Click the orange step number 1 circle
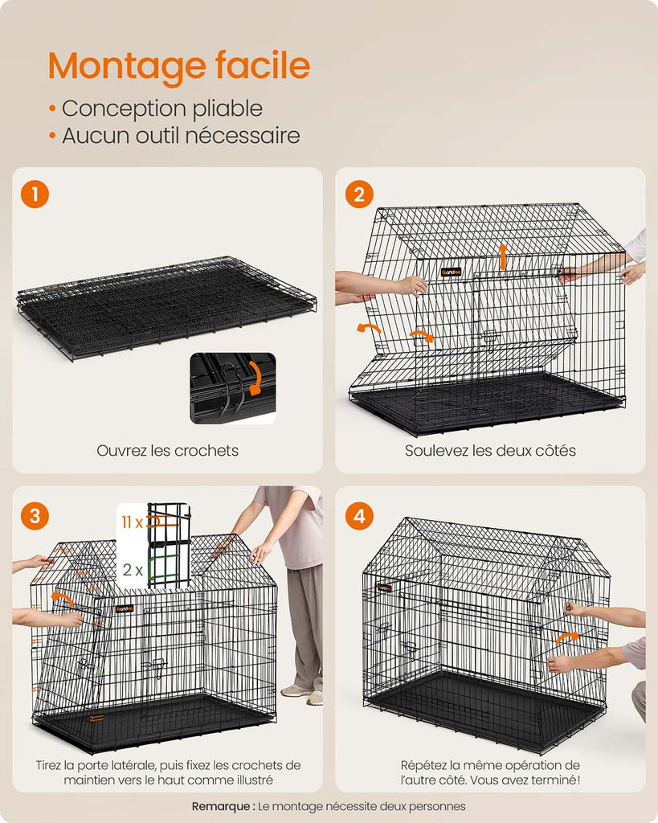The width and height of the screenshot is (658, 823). pos(35,194)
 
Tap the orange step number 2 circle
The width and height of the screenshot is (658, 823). pos(359,194)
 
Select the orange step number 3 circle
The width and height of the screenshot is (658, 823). pos(35,515)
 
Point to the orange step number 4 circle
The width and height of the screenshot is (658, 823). pos(359,515)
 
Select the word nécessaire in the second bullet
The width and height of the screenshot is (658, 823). pos(243,135)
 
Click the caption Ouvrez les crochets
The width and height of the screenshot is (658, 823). pos(167,450)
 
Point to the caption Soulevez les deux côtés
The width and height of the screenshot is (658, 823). pos(490,450)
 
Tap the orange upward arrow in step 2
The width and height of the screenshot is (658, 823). pos(503,256)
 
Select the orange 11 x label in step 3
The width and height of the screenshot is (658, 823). pos(133,522)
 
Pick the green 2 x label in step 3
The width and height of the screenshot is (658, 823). pos(133,570)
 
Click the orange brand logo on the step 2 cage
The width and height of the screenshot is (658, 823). pos(452,272)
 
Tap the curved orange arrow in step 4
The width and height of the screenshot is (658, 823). pos(567,637)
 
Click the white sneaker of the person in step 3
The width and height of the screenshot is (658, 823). pos(296,690)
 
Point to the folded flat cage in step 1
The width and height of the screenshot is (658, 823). pos(167,307)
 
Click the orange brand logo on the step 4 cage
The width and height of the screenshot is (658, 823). pos(384,588)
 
